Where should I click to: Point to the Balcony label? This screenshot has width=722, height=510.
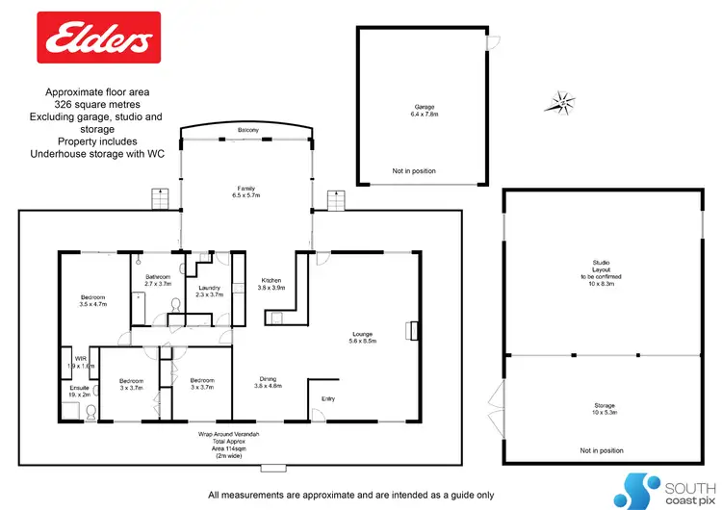click(x=246, y=130)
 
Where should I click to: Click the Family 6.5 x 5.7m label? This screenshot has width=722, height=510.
click(x=246, y=191)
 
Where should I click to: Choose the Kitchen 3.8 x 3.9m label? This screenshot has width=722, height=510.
click(x=270, y=283)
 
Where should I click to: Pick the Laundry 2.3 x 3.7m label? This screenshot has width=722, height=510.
click(x=209, y=291)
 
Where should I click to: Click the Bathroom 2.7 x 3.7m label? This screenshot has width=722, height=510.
click(x=157, y=280)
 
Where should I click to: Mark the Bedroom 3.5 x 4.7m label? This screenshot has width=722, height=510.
click(x=92, y=299)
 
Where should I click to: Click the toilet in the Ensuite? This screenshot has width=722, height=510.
click(x=90, y=411)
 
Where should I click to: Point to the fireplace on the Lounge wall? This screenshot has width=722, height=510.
click(x=413, y=330)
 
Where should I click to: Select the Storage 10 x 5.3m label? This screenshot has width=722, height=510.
click(x=604, y=409)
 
